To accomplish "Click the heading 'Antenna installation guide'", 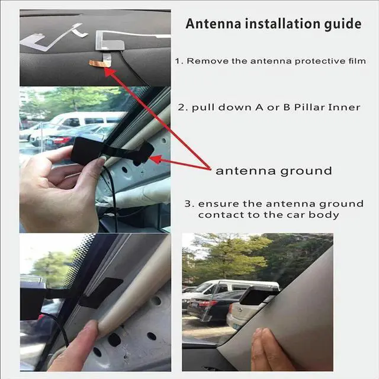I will pyautogui.click(x=273, y=24).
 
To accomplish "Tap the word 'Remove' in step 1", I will pyautogui.click(x=206, y=61).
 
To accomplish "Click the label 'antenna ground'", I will pyautogui.click(x=273, y=171).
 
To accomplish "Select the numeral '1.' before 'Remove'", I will pyautogui.click(x=179, y=61).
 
